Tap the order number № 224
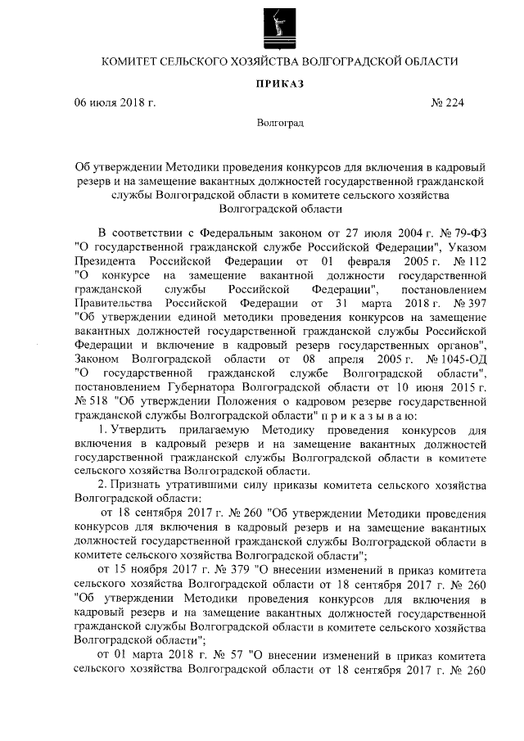point(447,103)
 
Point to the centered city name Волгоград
point(279,124)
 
